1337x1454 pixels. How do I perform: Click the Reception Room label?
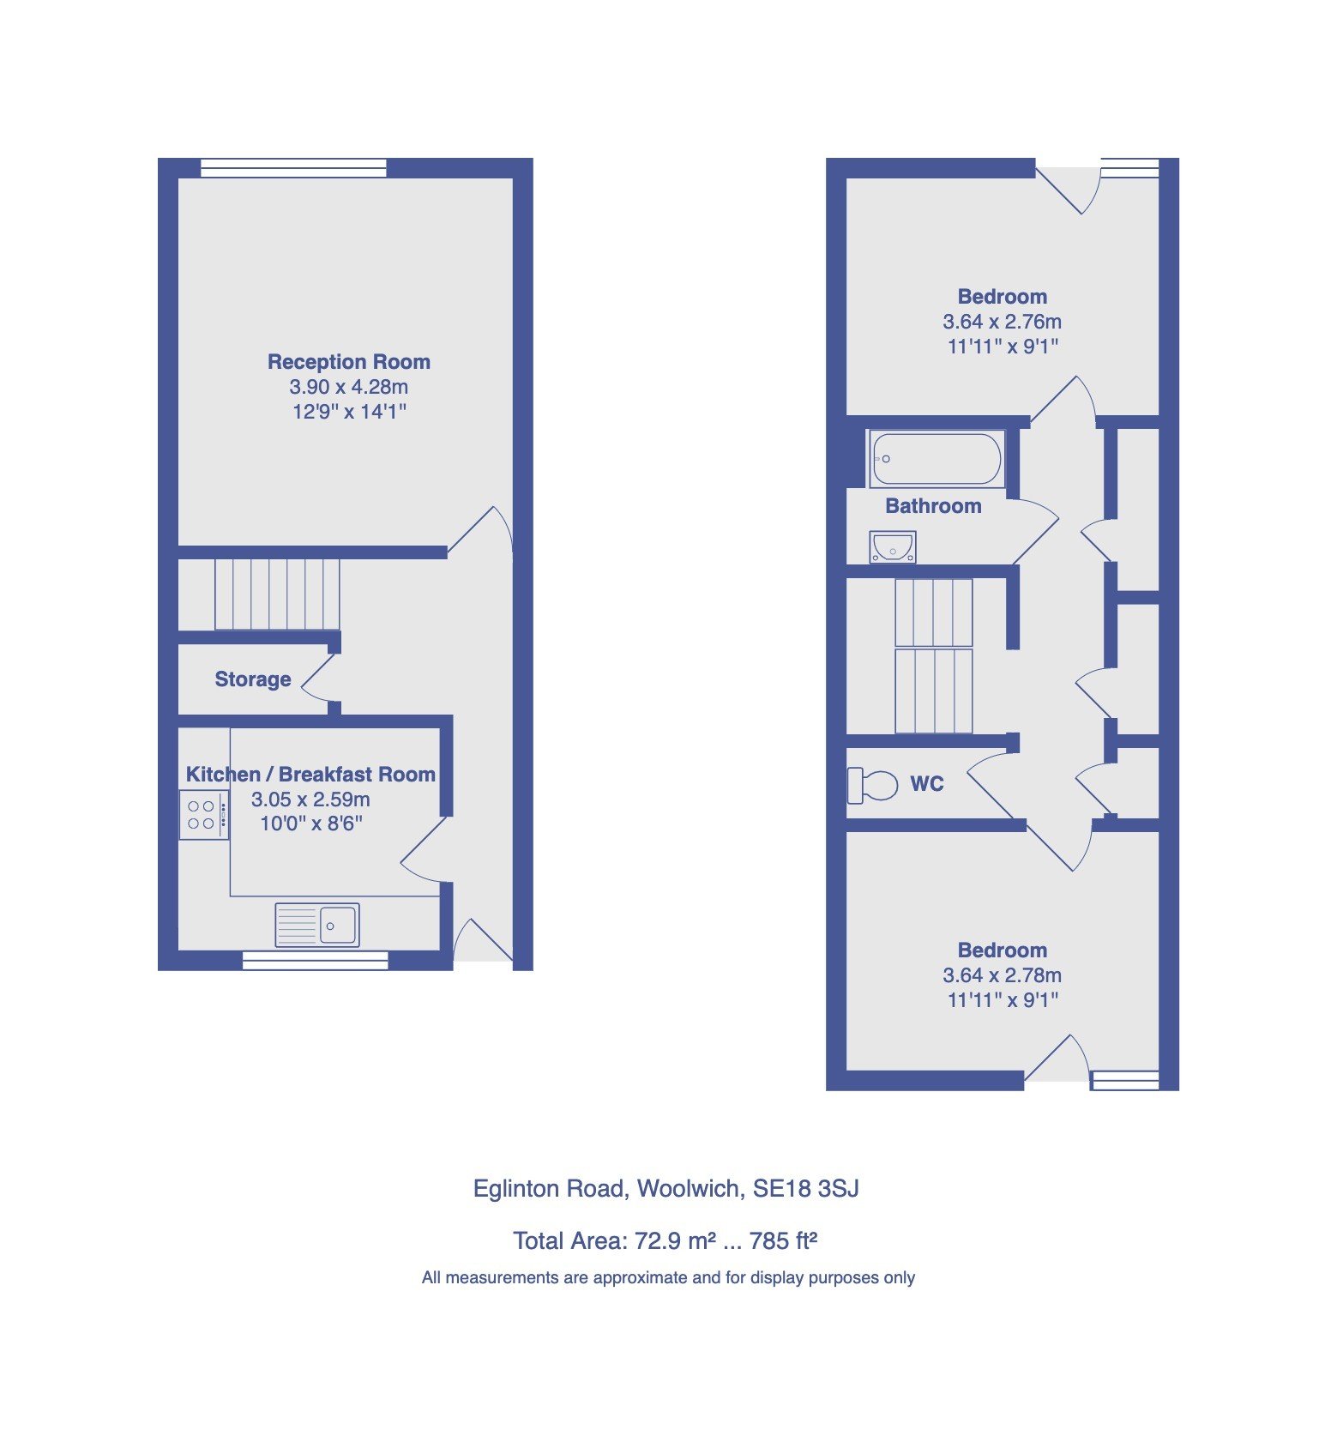tap(348, 362)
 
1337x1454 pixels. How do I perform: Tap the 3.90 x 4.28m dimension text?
tap(348, 387)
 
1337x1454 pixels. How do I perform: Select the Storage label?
tap(252, 679)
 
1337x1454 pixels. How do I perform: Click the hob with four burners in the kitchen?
tap(203, 815)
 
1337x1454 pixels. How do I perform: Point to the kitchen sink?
tap(316, 925)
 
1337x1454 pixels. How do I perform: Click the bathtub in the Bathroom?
tap(936, 459)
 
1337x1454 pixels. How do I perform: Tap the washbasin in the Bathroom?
tap(893, 546)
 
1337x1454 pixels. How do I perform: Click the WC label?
tap(926, 784)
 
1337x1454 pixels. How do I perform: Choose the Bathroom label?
tap(933, 506)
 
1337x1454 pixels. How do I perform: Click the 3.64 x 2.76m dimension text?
tap(1002, 322)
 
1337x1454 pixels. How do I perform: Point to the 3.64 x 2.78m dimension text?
tap(1002, 975)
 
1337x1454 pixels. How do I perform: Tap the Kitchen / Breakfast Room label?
tap(310, 775)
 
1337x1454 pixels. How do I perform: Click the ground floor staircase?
tap(276, 594)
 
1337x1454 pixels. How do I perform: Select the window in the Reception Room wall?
tap(292, 168)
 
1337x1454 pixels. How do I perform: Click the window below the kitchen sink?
tap(315, 962)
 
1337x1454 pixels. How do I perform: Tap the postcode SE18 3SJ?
tap(805, 1189)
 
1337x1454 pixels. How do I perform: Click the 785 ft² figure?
tap(782, 1241)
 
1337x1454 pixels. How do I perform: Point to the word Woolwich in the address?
tap(690, 1189)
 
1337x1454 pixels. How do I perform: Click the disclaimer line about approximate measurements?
tap(668, 1278)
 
